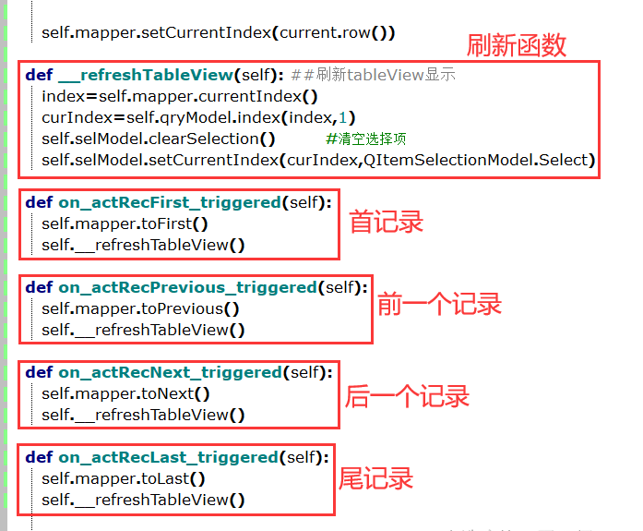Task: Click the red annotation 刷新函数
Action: click(x=517, y=43)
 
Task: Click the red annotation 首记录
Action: click(x=386, y=222)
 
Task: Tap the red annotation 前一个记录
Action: click(x=439, y=305)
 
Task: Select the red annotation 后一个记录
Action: click(x=408, y=396)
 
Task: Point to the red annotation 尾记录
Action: click(x=375, y=478)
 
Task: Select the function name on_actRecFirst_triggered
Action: click(x=170, y=202)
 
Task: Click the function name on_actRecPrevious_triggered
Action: click(x=188, y=287)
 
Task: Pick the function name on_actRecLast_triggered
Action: click(x=169, y=457)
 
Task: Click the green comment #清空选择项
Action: click(x=366, y=139)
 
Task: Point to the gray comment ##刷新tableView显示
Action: click(x=373, y=75)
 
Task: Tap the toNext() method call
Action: click(x=176, y=393)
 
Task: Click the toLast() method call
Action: click(x=174, y=478)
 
